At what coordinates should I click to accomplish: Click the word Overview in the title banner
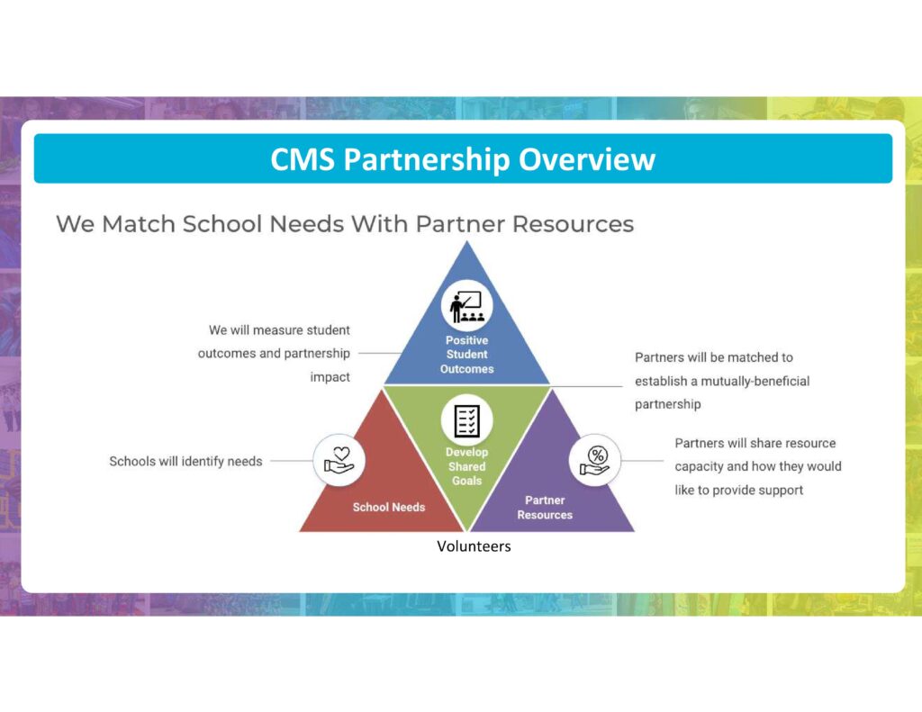586,158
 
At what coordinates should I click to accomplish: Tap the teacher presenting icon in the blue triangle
467,306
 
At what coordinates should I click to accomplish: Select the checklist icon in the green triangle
467,420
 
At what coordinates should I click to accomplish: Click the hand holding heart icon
339,460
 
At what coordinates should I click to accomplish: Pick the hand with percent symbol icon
595,460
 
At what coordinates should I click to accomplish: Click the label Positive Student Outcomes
467,355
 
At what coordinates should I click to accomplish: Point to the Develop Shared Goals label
467,466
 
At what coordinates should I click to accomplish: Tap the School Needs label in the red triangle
389,507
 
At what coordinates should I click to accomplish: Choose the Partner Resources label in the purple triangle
545,508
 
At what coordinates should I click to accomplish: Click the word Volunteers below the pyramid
474,546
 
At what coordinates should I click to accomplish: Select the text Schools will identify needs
185,462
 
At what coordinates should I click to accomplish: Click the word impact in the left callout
330,377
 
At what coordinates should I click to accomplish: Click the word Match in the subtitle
138,224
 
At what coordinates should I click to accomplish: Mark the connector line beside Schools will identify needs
292,461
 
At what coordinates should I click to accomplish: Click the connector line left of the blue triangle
381,354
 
